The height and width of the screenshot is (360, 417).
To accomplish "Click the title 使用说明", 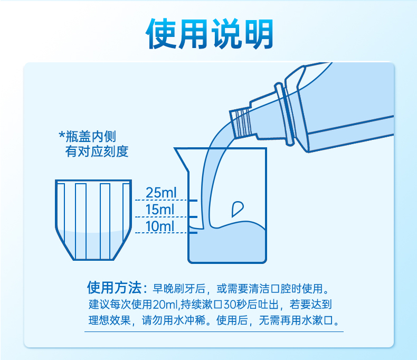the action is coord(210,34).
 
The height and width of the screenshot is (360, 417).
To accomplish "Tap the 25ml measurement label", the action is coord(161,193).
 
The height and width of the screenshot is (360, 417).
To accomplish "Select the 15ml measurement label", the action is coord(160,210).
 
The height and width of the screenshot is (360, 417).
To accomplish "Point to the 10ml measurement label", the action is coord(160,226).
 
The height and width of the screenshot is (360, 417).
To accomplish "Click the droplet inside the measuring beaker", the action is coord(237,209).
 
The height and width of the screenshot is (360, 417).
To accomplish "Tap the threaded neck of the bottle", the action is coord(241,123).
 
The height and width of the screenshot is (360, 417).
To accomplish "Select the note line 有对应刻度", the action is coord(97,151).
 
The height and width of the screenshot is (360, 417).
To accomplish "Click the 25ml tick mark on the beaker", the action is coord(193,200).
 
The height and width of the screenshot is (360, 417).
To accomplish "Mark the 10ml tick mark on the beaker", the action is coord(193,233).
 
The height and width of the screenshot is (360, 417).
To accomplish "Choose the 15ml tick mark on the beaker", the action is coord(193,217).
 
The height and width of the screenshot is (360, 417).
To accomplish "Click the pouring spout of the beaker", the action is coord(182,159).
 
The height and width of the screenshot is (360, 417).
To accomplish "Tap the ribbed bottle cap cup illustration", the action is coord(93,220).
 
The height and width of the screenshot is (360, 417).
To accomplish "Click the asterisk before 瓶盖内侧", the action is coord(62,134).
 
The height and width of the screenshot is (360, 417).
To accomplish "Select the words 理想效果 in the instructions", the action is coord(109,320).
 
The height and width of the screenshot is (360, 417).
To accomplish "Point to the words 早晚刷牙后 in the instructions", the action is coord(179,289).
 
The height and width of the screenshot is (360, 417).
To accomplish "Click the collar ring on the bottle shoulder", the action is coord(285,115).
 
